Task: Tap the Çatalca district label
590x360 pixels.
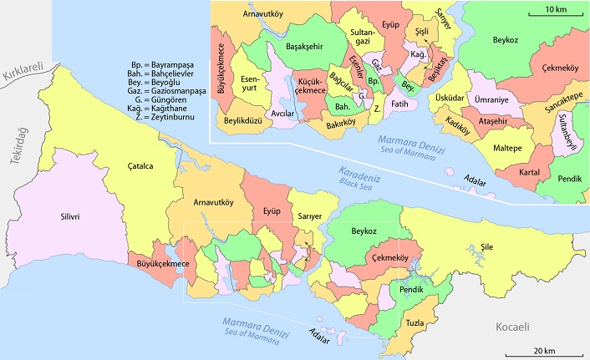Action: point(139,166)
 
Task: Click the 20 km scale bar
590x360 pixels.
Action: point(544,348)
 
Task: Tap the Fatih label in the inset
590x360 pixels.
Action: point(399,104)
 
